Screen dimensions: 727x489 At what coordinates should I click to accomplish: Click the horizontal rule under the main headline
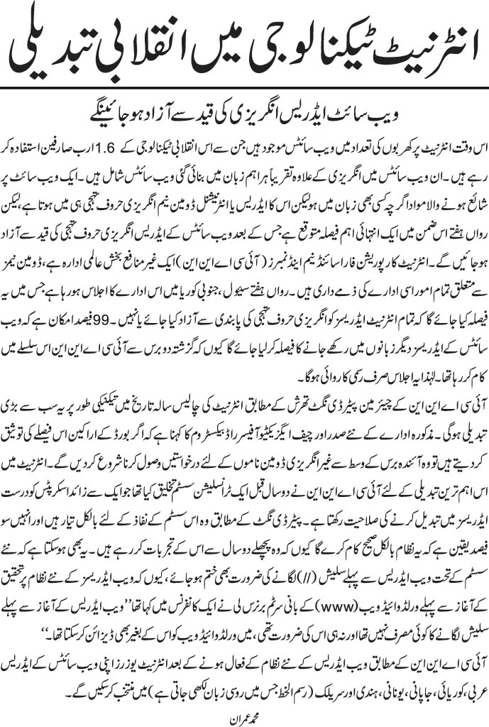pyautogui.click(x=244, y=86)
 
